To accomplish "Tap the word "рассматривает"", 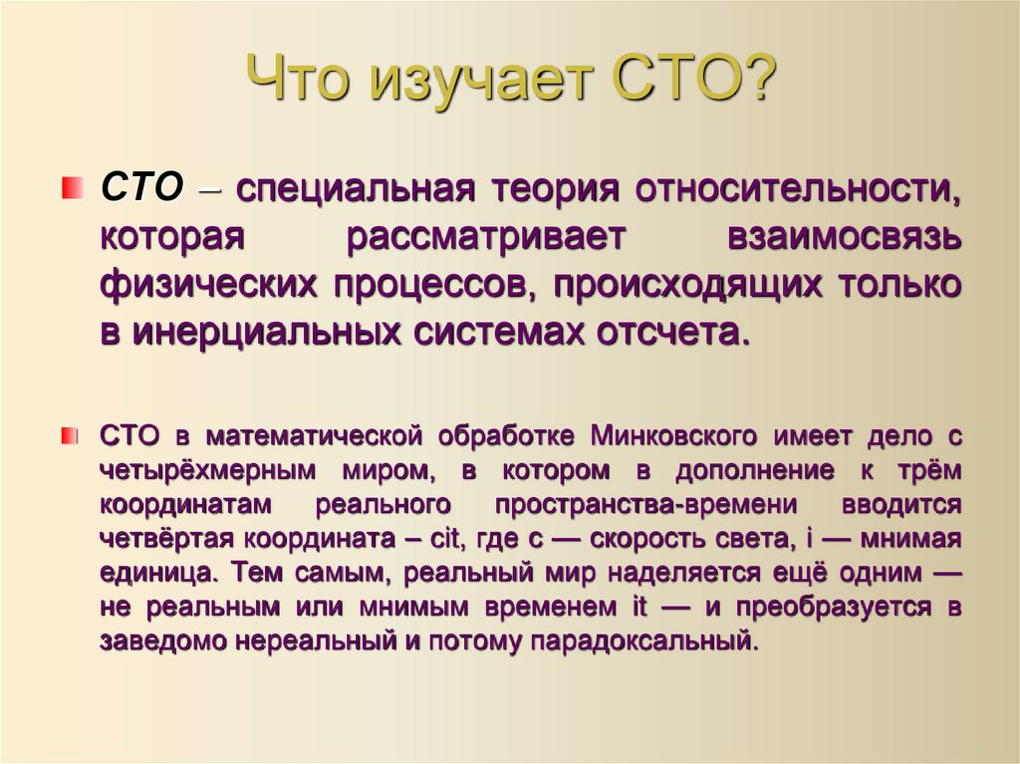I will click(485, 237).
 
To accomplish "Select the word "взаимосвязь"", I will click(845, 237).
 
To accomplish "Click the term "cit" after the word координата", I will click(444, 539).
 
